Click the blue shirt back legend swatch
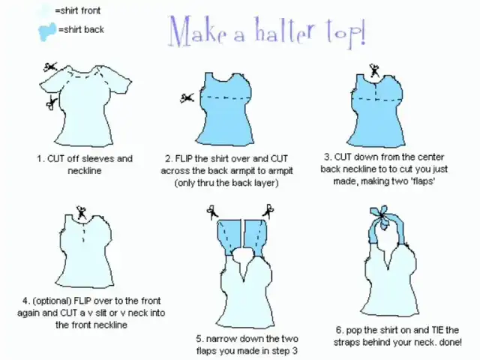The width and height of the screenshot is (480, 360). click(47, 31)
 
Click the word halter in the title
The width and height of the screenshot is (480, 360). click(284, 31)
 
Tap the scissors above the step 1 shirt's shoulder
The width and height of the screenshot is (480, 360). click(50, 67)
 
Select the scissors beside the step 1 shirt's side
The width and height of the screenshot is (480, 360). click(52, 103)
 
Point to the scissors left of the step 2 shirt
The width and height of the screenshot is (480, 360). click(187, 98)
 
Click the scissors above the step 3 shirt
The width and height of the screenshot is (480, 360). click(374, 70)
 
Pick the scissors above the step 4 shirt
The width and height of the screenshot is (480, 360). click(82, 212)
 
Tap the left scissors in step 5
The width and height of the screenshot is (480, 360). click(212, 211)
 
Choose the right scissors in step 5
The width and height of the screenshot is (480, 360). click(268, 211)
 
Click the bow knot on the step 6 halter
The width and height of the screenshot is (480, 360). click(381, 217)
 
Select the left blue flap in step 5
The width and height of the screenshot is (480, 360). click(228, 237)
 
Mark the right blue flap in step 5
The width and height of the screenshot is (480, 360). click(255, 237)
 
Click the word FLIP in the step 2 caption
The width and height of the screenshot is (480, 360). click(184, 159)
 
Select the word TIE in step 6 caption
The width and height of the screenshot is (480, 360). click(438, 330)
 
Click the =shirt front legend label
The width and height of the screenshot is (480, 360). click(77, 10)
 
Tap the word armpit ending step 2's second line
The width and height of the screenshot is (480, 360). click(280, 171)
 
